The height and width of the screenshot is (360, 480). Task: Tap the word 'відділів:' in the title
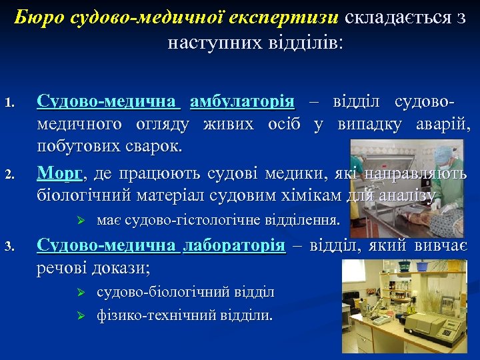310,44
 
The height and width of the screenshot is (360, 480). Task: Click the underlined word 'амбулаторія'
242,102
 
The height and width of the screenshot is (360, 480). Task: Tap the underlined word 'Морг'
60,174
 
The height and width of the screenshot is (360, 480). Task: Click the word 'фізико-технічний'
146,314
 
